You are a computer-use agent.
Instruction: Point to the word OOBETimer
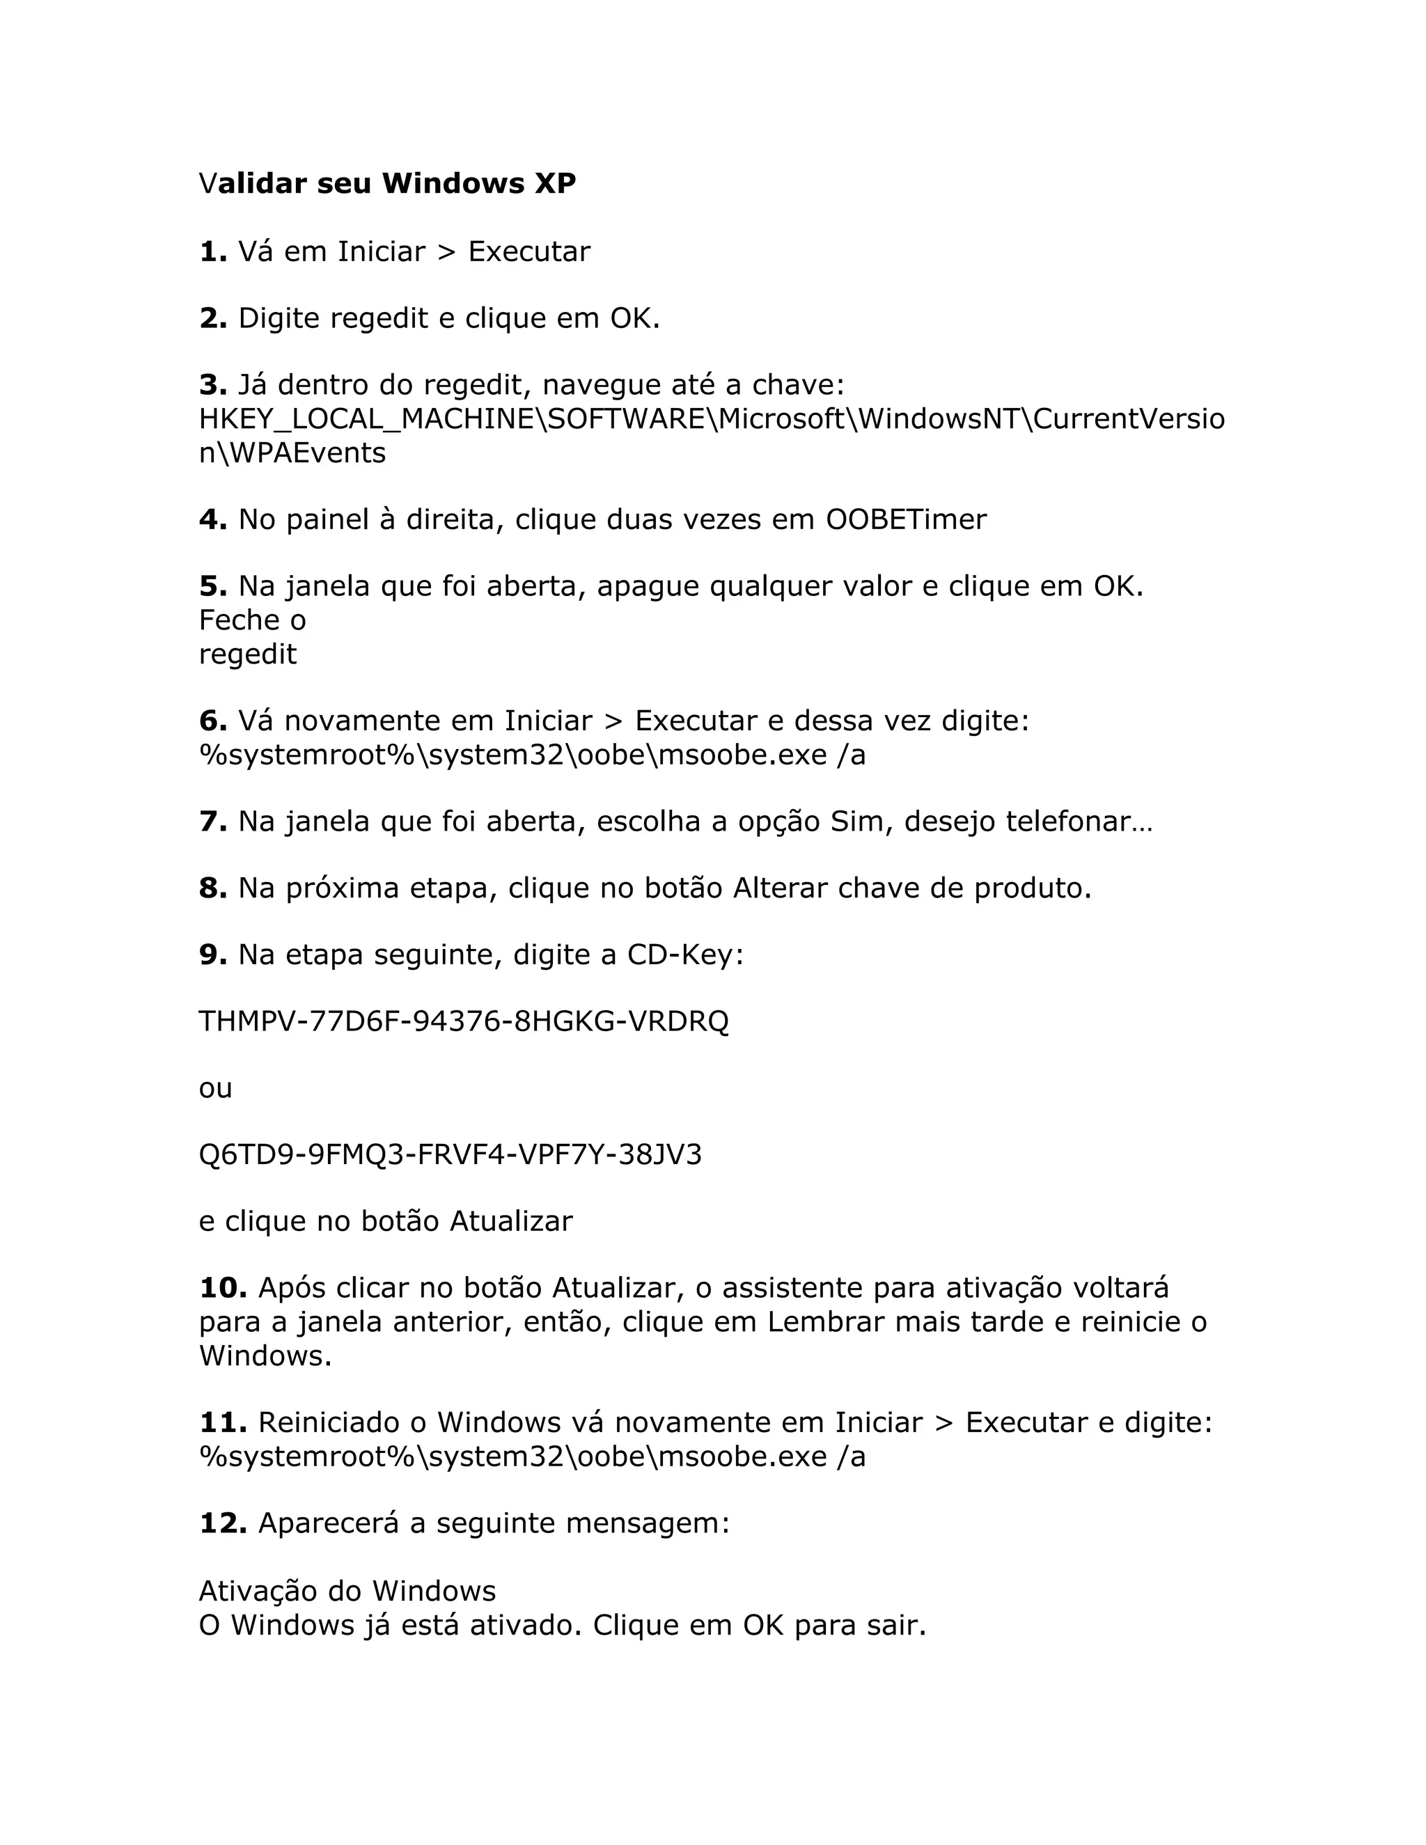point(906,519)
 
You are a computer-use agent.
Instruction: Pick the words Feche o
point(252,621)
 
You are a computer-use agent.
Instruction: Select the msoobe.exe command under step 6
point(532,755)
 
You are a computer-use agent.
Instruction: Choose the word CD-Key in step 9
point(684,955)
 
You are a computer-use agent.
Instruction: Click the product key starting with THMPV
point(463,1022)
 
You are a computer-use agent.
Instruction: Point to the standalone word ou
point(215,1089)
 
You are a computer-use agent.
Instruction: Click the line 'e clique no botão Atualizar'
point(385,1222)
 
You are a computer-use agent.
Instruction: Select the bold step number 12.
point(222,1524)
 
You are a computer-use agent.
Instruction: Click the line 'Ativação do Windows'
point(347,1592)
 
